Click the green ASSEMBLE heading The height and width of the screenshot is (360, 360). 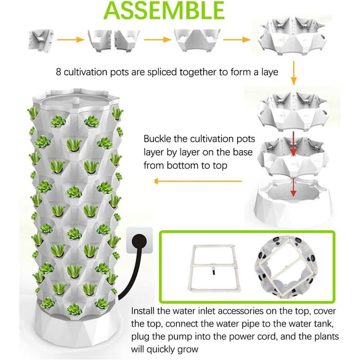pyautogui.click(x=164, y=10)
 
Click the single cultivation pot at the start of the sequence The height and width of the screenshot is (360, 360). pyautogui.click(x=41, y=41)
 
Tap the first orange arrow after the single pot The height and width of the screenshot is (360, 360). pyautogui.click(x=70, y=40)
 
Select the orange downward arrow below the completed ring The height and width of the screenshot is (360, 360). pyautogui.click(x=294, y=73)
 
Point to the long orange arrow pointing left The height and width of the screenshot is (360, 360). pyautogui.click(x=198, y=182)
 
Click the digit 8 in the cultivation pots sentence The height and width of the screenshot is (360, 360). pyautogui.click(x=59, y=72)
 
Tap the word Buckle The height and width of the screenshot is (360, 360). pyautogui.click(x=157, y=139)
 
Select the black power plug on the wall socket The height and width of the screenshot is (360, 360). pyautogui.click(x=139, y=242)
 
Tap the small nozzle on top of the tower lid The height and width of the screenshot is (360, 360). pyautogui.click(x=75, y=101)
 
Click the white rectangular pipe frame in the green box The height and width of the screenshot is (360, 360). pyautogui.click(x=214, y=267)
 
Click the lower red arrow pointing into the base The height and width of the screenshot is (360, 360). pyautogui.click(x=293, y=187)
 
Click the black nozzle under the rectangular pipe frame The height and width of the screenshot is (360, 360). pyautogui.click(x=214, y=272)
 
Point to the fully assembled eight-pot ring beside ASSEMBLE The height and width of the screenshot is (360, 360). pyautogui.click(x=292, y=37)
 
